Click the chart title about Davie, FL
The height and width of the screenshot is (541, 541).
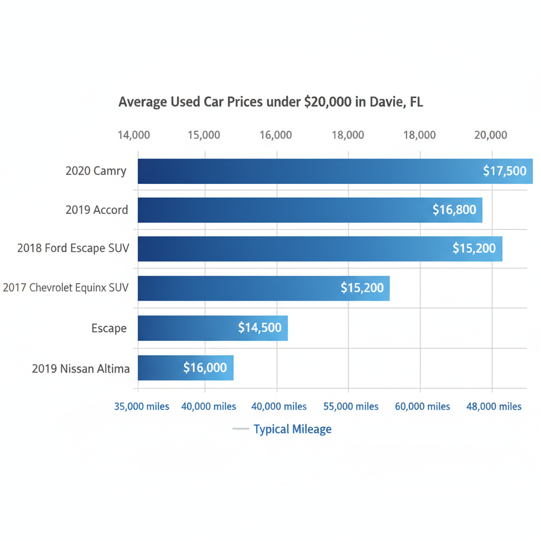point(270,101)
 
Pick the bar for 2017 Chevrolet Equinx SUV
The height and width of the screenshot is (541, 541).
point(238,288)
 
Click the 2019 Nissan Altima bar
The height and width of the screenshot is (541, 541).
point(158,368)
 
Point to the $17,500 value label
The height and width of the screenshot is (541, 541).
point(505,171)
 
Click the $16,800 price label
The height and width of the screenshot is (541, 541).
point(454,210)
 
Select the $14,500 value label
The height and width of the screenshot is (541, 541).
point(259,328)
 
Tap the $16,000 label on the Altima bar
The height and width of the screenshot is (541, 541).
point(205,368)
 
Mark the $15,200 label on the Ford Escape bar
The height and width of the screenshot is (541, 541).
point(474,248)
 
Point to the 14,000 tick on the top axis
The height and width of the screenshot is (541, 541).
point(134,135)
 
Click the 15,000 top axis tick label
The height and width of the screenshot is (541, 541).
point(203,135)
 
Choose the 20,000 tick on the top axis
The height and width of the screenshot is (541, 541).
point(490,135)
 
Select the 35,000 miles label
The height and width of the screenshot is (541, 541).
point(142,406)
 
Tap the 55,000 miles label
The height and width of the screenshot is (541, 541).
point(351,406)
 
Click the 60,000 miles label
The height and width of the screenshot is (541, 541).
point(423,406)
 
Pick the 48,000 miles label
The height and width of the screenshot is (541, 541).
point(494,406)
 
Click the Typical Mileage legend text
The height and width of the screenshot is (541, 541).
point(292,429)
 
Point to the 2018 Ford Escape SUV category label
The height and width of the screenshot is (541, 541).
point(73,248)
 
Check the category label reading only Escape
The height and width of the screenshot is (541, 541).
point(109,328)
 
